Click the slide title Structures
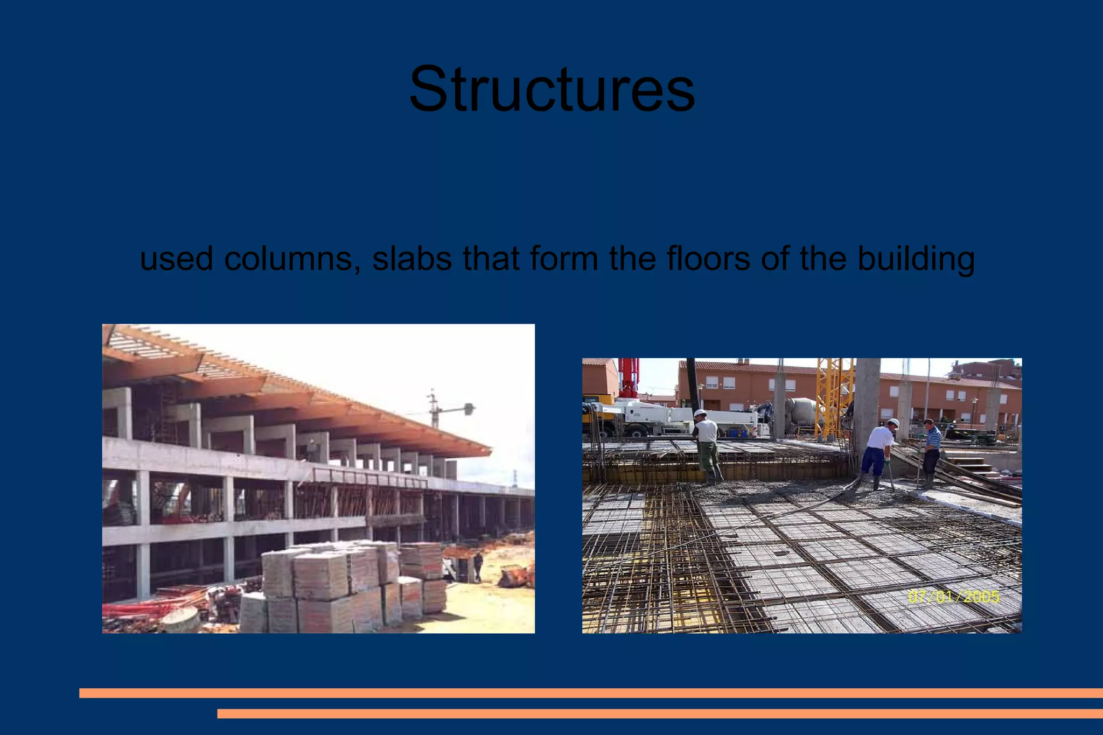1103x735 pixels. pyautogui.click(x=551, y=89)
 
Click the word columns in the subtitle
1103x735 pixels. pyautogui.click(x=291, y=258)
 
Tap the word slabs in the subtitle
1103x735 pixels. pyautogui.click(x=411, y=258)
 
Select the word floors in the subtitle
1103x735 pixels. pyautogui.click(x=708, y=258)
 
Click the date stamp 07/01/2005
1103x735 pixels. pyautogui.click(x=954, y=597)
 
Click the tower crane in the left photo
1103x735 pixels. pyautogui.click(x=434, y=409)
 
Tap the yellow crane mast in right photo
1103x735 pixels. pyautogui.click(x=833, y=398)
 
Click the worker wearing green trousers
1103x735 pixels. pyautogui.click(x=707, y=447)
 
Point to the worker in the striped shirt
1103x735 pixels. pyautogui.click(x=931, y=452)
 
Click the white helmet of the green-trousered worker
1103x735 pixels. pyautogui.click(x=700, y=413)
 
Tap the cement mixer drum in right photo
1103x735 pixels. pyautogui.click(x=801, y=411)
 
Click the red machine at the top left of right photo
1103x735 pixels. pyautogui.click(x=629, y=377)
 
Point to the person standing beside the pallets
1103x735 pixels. pyautogui.click(x=478, y=566)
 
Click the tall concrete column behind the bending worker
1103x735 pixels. pyautogui.click(x=867, y=404)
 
